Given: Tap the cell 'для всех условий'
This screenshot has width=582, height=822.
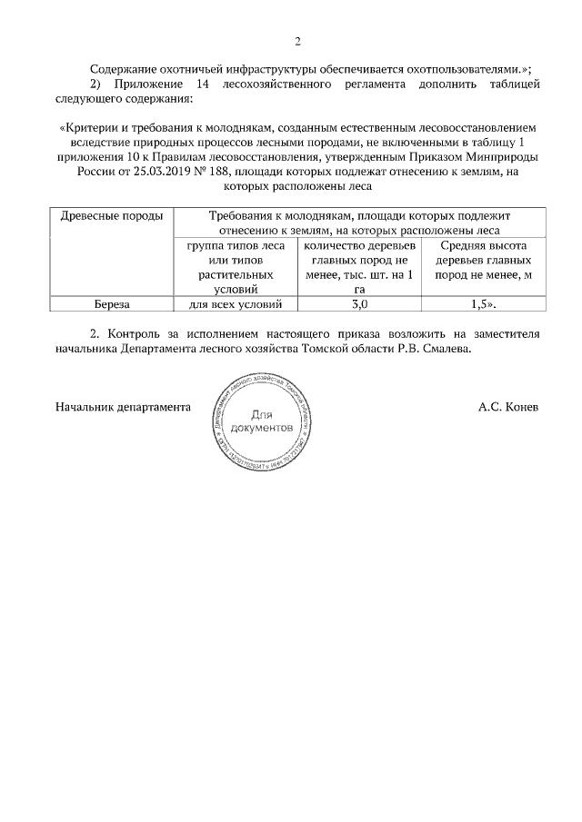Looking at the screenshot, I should pyautogui.click(x=235, y=304).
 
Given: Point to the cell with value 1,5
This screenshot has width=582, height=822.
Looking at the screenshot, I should pyautogui.click(x=484, y=304).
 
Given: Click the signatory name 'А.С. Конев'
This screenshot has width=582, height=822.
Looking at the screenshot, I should pyautogui.click(x=508, y=407).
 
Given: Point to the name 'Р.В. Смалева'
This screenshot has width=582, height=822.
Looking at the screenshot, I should pyautogui.click(x=433, y=349).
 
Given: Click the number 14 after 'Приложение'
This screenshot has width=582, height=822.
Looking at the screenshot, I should pyautogui.click(x=203, y=84).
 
